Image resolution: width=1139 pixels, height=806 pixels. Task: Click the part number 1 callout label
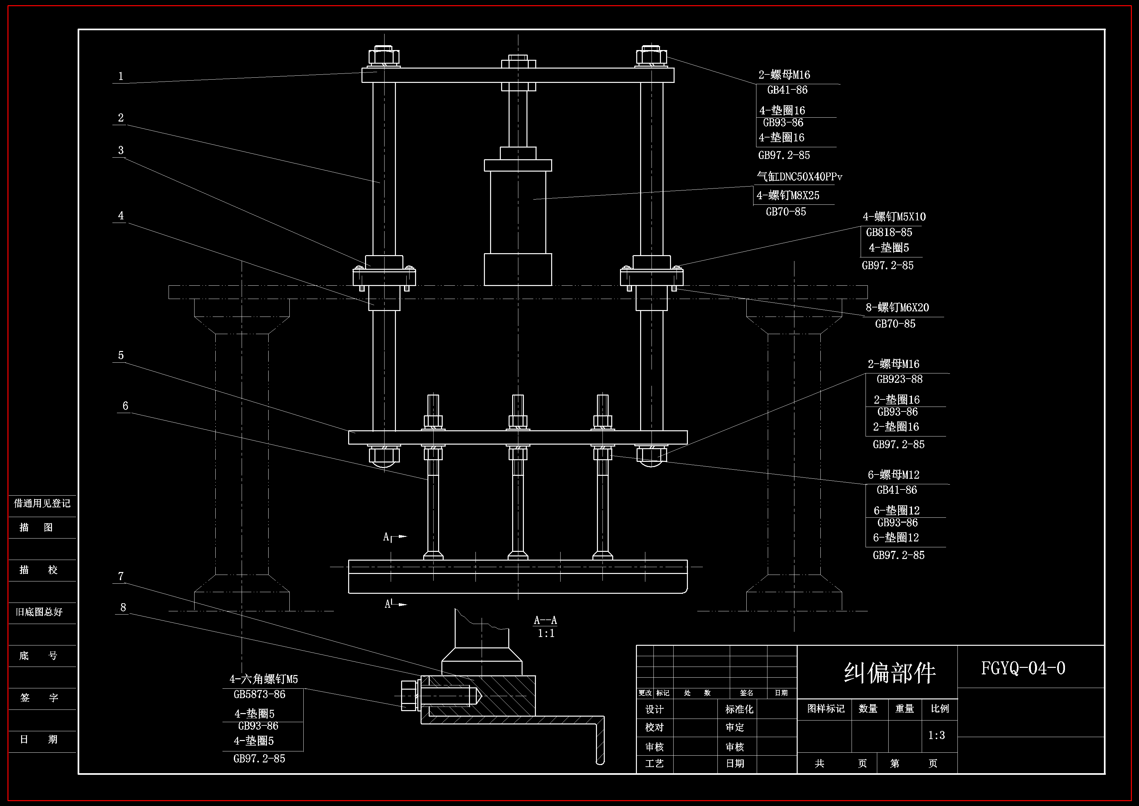(120, 76)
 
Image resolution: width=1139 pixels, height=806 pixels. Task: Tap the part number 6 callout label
(125, 406)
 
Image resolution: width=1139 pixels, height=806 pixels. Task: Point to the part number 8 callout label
(123, 607)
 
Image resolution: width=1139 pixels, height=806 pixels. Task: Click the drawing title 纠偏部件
(890, 673)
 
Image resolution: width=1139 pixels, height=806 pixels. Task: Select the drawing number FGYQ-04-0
(1023, 668)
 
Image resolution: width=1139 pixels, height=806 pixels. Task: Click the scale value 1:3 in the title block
(937, 735)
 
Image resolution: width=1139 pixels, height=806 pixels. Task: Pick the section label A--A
(545, 620)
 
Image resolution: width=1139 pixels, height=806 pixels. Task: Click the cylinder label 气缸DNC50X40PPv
(799, 177)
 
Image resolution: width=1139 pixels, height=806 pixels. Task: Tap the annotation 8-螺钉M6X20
(897, 308)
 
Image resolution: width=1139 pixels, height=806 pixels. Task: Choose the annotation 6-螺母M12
(893, 475)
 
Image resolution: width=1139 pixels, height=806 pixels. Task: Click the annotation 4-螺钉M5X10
(894, 217)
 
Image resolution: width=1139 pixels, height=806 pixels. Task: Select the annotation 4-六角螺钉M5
(263, 679)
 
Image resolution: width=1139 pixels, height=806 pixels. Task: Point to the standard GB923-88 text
(899, 379)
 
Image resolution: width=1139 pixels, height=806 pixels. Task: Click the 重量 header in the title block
(905, 709)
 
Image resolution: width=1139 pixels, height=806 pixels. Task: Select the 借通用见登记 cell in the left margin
(42, 503)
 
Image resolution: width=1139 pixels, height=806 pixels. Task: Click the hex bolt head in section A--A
(409, 696)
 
